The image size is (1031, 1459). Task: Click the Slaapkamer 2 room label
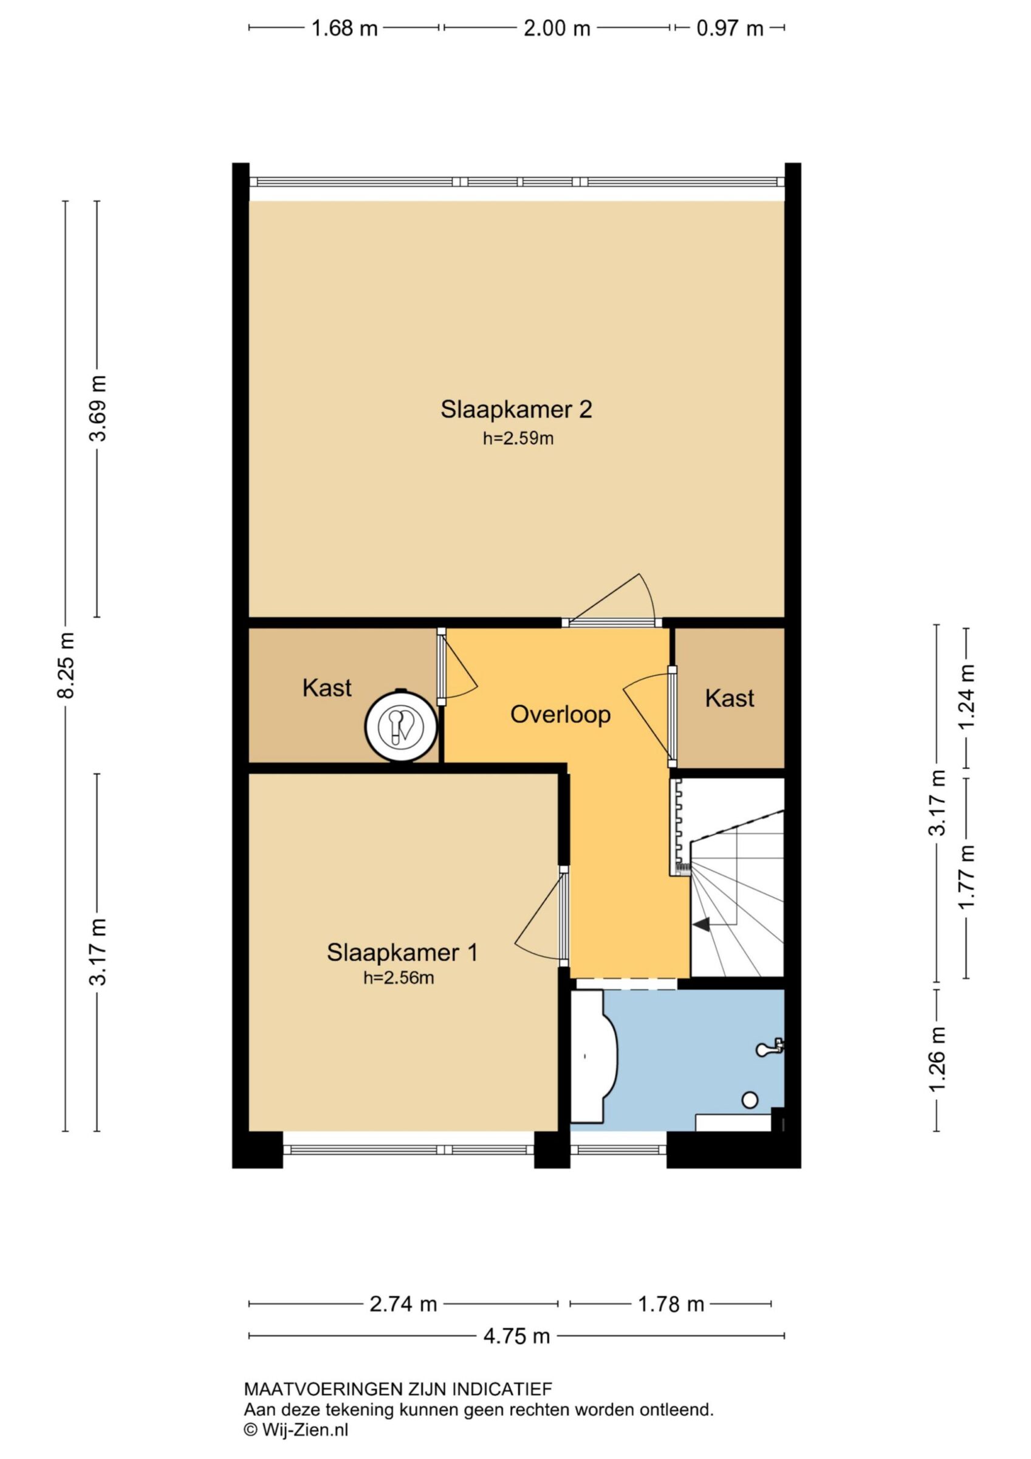coord(516,409)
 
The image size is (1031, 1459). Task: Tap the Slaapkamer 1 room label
coord(402,952)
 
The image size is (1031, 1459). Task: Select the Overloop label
coord(560,714)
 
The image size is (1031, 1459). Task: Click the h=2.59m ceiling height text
coord(518,438)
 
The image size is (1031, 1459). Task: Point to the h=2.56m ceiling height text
coord(399,978)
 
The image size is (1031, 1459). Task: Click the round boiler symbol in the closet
coord(401,725)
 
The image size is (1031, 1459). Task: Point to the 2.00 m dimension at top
coord(557,29)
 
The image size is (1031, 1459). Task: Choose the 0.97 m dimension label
coord(729,29)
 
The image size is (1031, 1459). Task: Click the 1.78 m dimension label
coord(671,1304)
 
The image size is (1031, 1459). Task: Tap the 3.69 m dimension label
coord(98,408)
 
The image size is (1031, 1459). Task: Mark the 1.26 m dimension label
coord(937,1058)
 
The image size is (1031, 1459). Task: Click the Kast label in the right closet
coord(729,698)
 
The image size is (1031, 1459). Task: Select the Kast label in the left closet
coord(326,688)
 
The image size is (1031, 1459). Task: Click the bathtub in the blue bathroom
coord(594,1056)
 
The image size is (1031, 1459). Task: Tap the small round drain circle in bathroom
coord(750,1099)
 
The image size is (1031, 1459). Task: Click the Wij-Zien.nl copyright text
coord(296,1430)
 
